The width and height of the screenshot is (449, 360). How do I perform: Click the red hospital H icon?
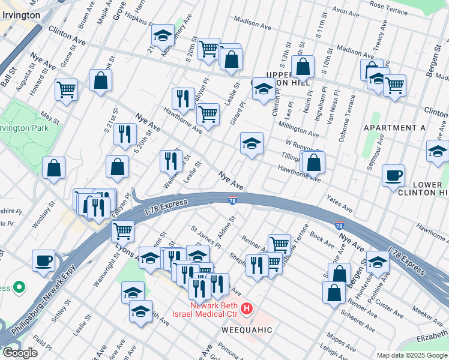coord(246,310)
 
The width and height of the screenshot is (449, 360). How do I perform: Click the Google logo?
coord(20,352)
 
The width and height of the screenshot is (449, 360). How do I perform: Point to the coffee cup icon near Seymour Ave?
coord(393,175)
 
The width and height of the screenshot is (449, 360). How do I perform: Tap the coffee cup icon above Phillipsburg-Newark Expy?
coord(44,261)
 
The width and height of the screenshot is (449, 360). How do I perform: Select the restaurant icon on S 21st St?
coord(125,134)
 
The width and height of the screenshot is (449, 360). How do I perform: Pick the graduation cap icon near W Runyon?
coord(252,143)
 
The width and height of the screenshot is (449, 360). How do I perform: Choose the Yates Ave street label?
coord(339,203)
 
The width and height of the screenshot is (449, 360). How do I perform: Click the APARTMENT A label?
coord(394,128)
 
